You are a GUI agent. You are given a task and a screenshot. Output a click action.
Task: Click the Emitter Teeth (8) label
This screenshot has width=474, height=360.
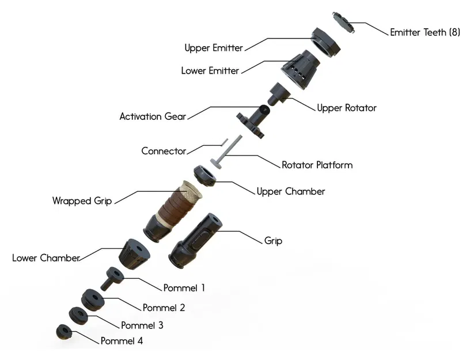[425, 32]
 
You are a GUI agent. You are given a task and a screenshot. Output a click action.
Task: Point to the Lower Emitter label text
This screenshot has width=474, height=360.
[210, 71]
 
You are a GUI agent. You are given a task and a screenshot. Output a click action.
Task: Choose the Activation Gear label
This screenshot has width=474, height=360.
[153, 116]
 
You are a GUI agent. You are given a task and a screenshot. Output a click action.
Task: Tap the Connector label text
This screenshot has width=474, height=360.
[164, 151]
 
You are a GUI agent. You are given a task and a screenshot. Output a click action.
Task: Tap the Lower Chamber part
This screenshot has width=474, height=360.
[134, 253]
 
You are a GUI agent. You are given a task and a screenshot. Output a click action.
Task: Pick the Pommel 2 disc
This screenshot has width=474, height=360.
[92, 299]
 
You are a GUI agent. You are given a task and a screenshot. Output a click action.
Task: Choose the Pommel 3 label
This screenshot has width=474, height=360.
[142, 325]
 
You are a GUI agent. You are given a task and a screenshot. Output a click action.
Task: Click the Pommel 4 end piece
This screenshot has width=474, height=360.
[63, 332]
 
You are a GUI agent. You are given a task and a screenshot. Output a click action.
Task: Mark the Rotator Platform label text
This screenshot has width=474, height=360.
[317, 165]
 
